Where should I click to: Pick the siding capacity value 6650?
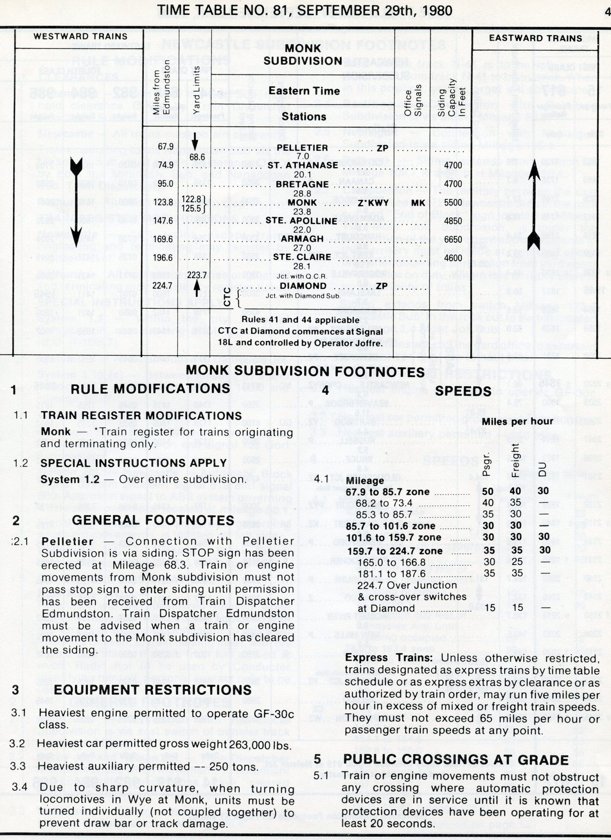click(453, 239)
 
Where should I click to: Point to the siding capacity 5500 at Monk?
click(453, 202)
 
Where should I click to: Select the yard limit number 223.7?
click(196, 275)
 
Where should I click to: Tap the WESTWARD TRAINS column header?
click(80, 36)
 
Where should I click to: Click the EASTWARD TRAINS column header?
click(535, 38)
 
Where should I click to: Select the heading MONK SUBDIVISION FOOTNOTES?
click(305, 371)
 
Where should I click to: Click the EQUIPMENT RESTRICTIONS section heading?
click(152, 690)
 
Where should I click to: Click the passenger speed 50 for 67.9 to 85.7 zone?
click(488, 491)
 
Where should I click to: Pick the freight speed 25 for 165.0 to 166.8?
click(517, 562)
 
